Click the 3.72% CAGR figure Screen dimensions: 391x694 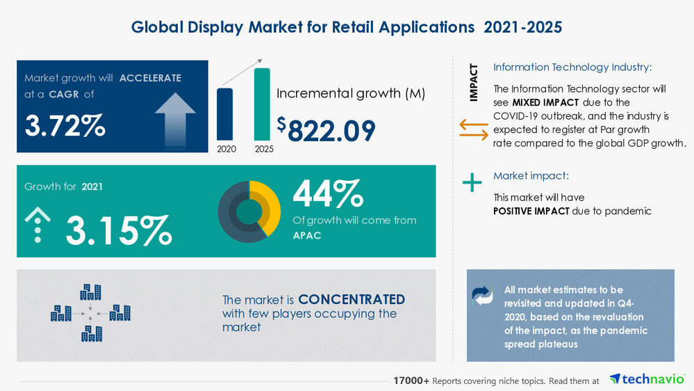[65, 125]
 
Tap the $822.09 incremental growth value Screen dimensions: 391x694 [327, 129]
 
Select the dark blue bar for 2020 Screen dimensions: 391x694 [225, 114]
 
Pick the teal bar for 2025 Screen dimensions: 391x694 [262, 104]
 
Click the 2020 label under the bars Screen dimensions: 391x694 [226, 149]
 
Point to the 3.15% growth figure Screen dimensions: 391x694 [119, 230]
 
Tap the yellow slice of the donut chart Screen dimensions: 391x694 [270, 202]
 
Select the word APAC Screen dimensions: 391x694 [308, 235]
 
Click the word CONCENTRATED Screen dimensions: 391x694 [352, 299]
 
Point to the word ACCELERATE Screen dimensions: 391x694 [150, 78]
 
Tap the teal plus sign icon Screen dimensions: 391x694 [472, 183]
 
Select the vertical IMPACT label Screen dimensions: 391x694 [474, 83]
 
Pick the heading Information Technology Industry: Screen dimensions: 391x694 [572, 67]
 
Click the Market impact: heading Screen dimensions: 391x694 [531, 176]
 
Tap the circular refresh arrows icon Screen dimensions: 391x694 [482, 296]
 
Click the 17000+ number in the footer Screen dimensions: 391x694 [411, 381]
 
